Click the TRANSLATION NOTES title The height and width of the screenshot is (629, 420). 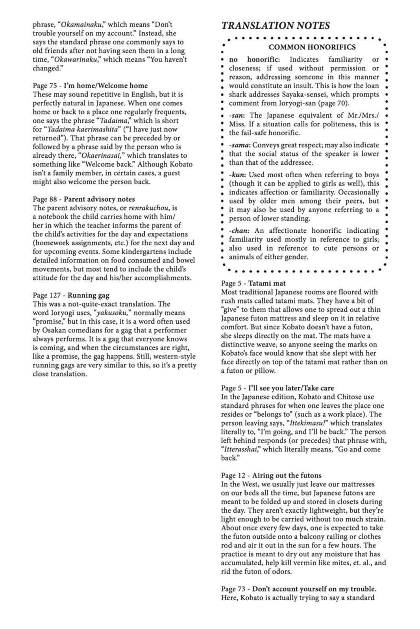[x=275, y=26]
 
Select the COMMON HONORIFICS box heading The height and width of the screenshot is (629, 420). [x=312, y=47]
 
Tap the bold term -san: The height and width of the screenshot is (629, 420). [x=237, y=115]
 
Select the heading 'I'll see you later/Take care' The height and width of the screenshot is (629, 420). [x=291, y=388]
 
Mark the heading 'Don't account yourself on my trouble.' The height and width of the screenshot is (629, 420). [x=314, y=589]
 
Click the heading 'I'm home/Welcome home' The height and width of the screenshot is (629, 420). [x=106, y=86]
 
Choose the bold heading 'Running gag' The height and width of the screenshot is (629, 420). [x=89, y=295]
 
